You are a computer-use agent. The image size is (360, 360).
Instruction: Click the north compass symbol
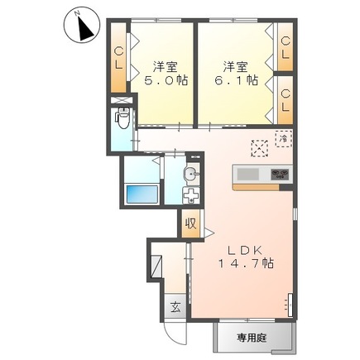tap(81, 26)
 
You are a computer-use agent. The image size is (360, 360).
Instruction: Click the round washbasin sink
tap(190, 175)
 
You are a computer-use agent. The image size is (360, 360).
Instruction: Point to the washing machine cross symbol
tap(191, 197)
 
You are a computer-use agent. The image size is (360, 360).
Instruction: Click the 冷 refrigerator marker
tap(283, 140)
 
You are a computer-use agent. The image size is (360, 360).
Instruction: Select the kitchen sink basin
tap(249, 175)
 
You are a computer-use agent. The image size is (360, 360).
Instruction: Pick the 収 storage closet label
tap(190, 223)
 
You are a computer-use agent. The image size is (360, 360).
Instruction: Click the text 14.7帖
tap(247, 263)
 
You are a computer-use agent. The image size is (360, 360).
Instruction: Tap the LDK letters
tap(246, 247)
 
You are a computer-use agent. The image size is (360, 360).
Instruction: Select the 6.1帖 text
tap(236, 81)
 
